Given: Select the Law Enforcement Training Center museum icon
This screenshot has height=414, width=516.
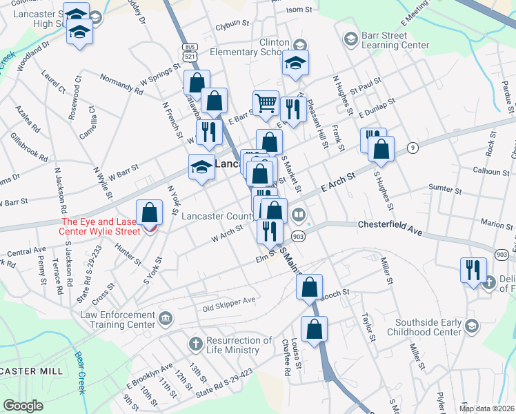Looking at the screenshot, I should pos(166,318).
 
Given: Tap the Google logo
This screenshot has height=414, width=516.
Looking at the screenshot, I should pos(23,406).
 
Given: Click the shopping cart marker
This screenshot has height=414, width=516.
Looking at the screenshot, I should pos(265,104).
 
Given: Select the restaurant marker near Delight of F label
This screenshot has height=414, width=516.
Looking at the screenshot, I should pos(473,270).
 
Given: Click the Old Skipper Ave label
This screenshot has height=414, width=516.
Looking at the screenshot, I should pos(228,301).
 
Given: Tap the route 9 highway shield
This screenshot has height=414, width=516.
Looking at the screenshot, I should pos(413,147).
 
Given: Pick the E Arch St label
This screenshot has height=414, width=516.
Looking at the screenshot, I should pos(337,183).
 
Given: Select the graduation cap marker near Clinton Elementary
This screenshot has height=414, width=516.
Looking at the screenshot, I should pos(295,63).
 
